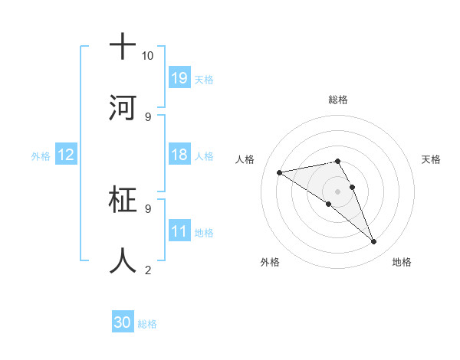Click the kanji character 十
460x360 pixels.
pos(123,47)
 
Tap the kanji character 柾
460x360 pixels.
pos(123,201)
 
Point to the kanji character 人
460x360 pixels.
pos(123,261)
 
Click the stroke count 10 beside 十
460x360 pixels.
pos(147,56)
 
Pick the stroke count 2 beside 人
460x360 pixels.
pos(147,270)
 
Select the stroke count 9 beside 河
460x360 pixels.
pos(147,116)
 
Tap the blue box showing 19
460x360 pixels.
pos(179,78)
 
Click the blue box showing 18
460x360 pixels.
pos(179,155)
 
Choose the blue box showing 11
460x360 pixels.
pos(179,231)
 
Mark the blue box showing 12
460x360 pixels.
pos(66,155)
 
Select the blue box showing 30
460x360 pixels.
pos(123,322)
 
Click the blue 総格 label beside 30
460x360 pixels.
pos(147,324)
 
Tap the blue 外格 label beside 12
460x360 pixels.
pos(41,155)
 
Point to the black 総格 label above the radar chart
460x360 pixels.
pos(338,100)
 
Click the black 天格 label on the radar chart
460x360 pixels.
pos(431,159)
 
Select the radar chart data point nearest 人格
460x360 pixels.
pos(280,172)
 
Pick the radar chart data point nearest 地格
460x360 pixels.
pos(374,242)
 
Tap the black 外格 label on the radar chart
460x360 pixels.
pos(270,262)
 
